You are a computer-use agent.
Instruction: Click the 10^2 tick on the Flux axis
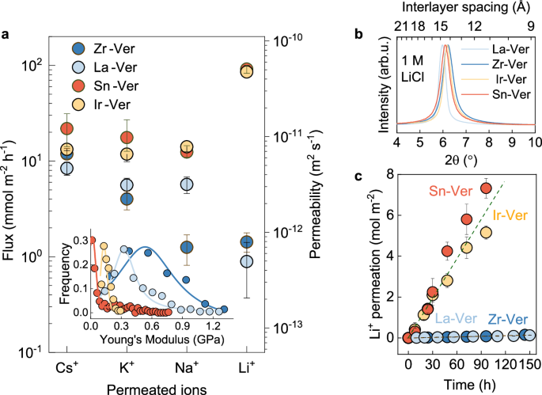click(x=36, y=65)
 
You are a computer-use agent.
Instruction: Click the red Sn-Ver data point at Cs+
click(x=67, y=128)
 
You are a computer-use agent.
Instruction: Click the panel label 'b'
click(x=359, y=33)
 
